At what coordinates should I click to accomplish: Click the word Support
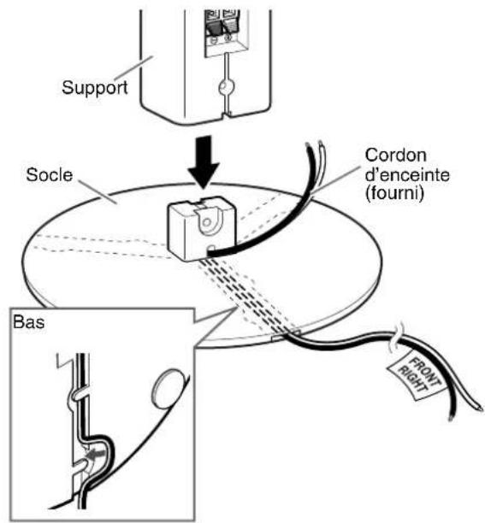[94, 88]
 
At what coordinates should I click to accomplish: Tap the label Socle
[49, 175]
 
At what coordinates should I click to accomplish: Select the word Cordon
[395, 156]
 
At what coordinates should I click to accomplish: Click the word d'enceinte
[407, 175]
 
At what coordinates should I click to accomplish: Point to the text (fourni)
[394, 194]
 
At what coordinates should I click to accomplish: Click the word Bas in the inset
[29, 322]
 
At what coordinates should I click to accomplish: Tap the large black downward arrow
[204, 162]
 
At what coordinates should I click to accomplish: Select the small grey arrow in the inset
[95, 454]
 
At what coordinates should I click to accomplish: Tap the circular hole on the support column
[227, 87]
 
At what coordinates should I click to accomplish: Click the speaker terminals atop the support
[221, 26]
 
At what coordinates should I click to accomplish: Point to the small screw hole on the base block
[207, 222]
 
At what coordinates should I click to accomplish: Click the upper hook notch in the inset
[78, 395]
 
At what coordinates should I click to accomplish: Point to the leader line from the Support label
[134, 68]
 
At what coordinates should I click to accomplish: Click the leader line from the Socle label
[98, 192]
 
